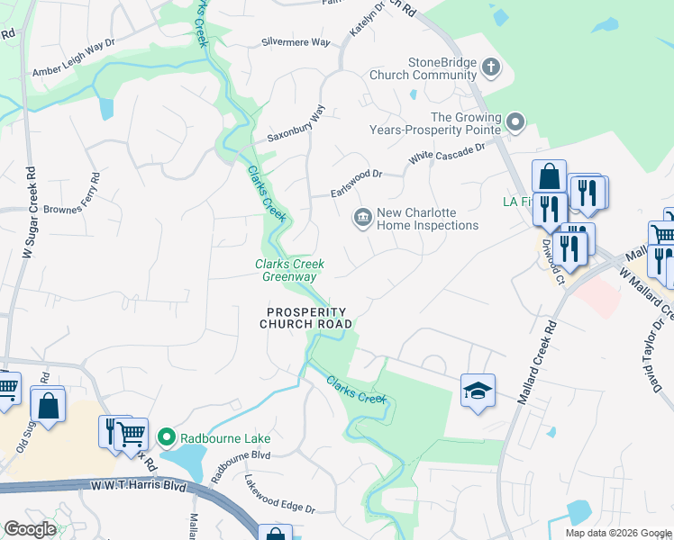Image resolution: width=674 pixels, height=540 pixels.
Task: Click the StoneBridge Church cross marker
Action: click(491, 67)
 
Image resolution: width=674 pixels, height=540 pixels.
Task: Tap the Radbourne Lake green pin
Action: click(166, 438)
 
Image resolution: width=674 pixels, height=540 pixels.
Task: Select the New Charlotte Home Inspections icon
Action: click(362, 217)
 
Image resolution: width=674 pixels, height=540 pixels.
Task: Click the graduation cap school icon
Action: click(478, 391)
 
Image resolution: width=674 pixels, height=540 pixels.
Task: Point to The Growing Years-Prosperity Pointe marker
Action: click(515, 121)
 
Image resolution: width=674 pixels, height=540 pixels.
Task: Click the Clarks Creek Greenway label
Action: click(289, 270)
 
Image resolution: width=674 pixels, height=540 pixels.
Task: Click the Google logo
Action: click(30, 529)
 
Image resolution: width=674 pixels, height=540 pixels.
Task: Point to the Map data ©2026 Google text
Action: click(617, 533)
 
